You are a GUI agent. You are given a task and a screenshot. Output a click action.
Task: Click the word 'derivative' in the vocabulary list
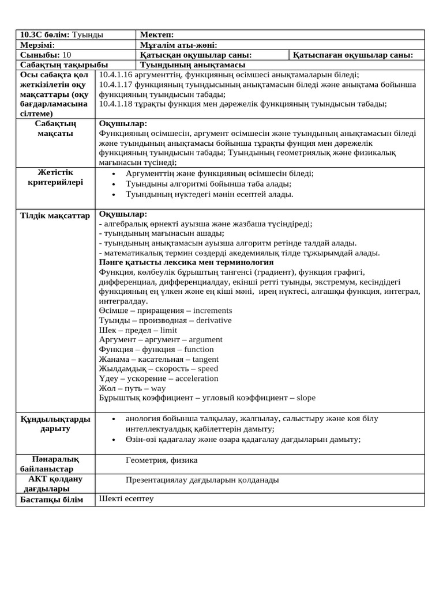pos(213,320)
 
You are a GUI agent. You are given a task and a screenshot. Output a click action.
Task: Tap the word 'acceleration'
pos(197,379)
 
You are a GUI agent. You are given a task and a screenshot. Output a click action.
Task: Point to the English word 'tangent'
pos(205,359)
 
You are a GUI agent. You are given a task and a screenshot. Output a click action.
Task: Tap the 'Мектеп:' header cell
pos(153,35)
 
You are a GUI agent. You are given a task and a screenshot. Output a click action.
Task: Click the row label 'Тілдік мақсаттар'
pos(55,215)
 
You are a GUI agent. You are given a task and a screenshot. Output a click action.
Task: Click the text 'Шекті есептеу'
pos(126,498)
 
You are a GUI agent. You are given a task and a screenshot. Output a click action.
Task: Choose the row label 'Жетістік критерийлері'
pos(55,177)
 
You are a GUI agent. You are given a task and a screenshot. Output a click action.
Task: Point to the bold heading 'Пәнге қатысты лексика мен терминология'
pos(186,262)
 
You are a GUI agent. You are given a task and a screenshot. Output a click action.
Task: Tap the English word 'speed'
pos(208,369)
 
